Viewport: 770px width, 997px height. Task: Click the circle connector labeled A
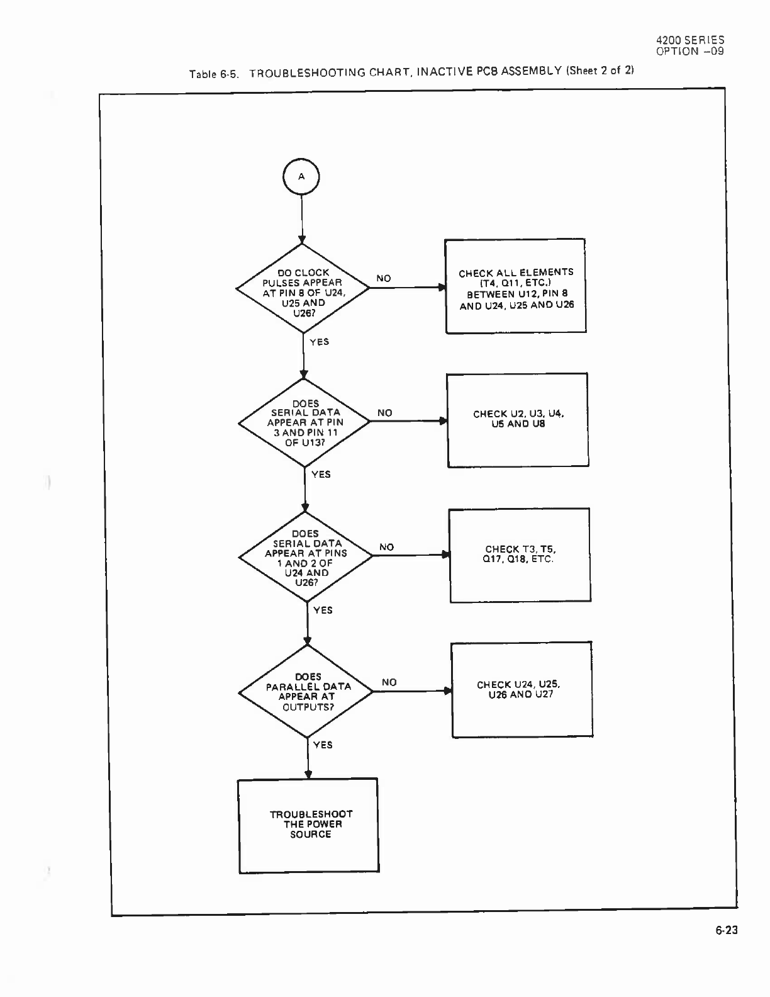301,177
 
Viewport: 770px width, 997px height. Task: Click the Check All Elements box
516,286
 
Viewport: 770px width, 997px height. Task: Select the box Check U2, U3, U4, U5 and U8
518,420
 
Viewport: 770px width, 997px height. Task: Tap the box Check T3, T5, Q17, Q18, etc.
520,555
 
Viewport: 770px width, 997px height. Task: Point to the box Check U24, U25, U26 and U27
522,690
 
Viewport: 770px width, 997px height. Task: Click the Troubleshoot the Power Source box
309,825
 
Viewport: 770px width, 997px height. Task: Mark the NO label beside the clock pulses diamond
384,278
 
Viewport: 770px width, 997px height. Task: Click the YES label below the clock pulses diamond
320,342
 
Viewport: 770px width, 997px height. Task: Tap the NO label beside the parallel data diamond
389,682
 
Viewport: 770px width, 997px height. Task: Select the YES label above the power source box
323,745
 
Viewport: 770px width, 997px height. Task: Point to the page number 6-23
726,930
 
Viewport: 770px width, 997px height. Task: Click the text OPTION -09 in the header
690,52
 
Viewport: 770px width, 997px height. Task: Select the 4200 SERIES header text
690,40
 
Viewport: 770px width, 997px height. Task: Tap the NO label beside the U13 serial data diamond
385,413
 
